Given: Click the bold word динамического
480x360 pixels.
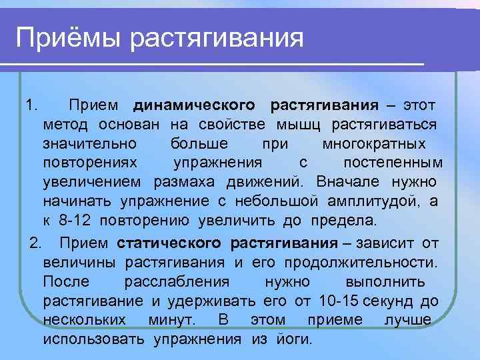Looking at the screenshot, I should [194, 105].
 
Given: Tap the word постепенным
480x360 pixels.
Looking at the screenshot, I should [393, 163].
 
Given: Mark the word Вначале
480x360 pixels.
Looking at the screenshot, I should [347, 181].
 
